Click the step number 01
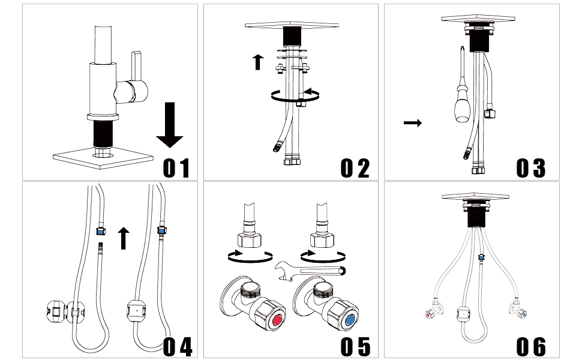coord(176,167)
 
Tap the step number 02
coord(355,167)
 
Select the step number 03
coord(532,167)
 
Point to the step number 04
coord(178,346)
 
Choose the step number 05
coord(355,346)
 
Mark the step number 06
coord(532,346)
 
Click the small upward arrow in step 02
coord(258,61)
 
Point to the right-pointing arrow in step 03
coord(412,123)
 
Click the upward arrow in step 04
coord(124,238)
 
